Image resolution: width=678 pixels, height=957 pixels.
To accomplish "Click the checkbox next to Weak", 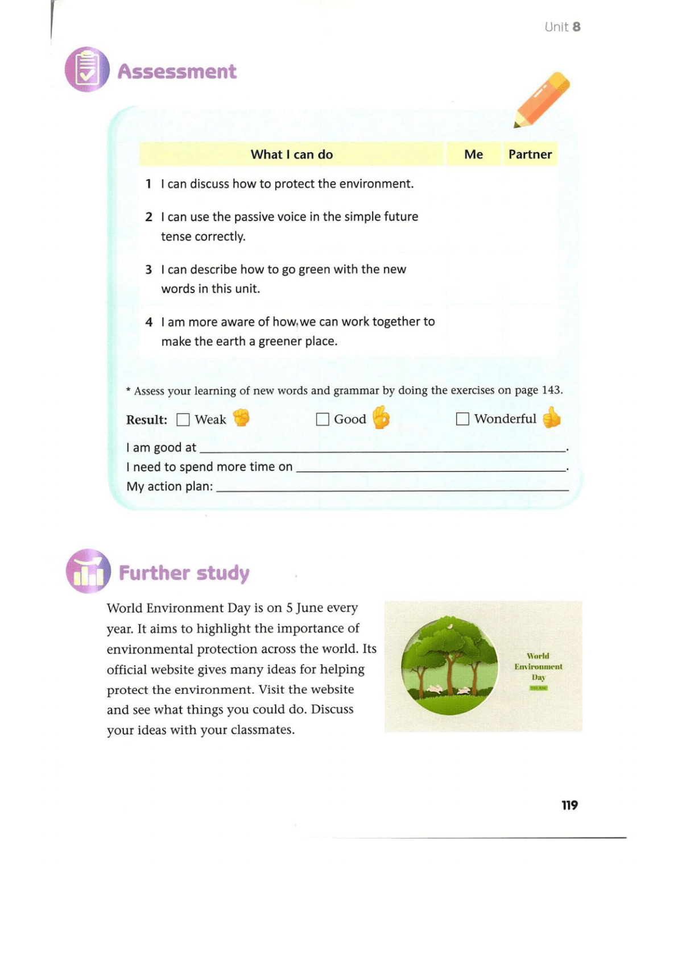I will click(183, 420).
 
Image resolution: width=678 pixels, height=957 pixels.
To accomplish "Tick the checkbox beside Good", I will click(323, 419).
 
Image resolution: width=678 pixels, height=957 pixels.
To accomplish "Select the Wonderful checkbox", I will click(462, 419).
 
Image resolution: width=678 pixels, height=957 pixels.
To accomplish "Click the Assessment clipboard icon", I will click(87, 70).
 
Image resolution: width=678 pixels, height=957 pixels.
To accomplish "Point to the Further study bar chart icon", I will click(88, 571).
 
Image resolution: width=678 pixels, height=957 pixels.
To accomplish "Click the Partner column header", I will click(530, 155).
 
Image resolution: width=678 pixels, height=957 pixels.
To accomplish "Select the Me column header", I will click(473, 155).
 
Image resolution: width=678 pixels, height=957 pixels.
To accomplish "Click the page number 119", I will click(569, 805).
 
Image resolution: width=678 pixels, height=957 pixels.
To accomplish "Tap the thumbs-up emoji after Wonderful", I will click(551, 418).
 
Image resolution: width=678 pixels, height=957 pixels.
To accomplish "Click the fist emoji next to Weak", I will click(242, 418).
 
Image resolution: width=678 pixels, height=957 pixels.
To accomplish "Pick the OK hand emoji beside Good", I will click(381, 418).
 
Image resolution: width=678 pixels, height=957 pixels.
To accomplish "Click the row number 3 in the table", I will click(148, 270).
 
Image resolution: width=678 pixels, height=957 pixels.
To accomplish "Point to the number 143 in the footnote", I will click(551, 390).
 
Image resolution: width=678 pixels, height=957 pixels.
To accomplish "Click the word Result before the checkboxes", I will click(146, 420).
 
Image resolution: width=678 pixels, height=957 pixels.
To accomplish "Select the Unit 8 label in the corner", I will click(562, 27).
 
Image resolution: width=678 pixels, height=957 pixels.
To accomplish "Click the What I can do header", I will click(291, 155).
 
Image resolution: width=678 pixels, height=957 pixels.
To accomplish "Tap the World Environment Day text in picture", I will click(538, 667).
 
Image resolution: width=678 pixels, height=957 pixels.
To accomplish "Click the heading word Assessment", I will click(177, 72).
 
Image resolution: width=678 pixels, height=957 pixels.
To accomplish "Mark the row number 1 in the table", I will click(148, 184).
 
